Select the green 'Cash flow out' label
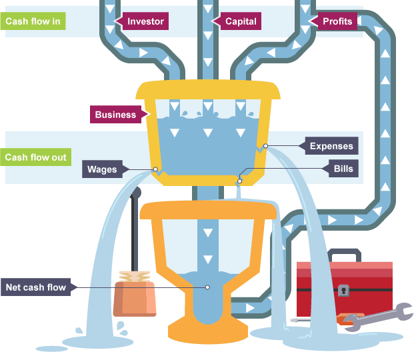point(35,158)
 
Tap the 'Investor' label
point(144,21)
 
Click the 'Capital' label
point(239,21)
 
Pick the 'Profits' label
point(336,21)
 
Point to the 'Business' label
point(116,115)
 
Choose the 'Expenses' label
point(331,146)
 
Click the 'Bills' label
point(343,169)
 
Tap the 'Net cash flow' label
point(36,288)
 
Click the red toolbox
point(344,287)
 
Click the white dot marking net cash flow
point(207,288)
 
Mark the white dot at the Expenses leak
point(265,146)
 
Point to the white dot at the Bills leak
point(239,180)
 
